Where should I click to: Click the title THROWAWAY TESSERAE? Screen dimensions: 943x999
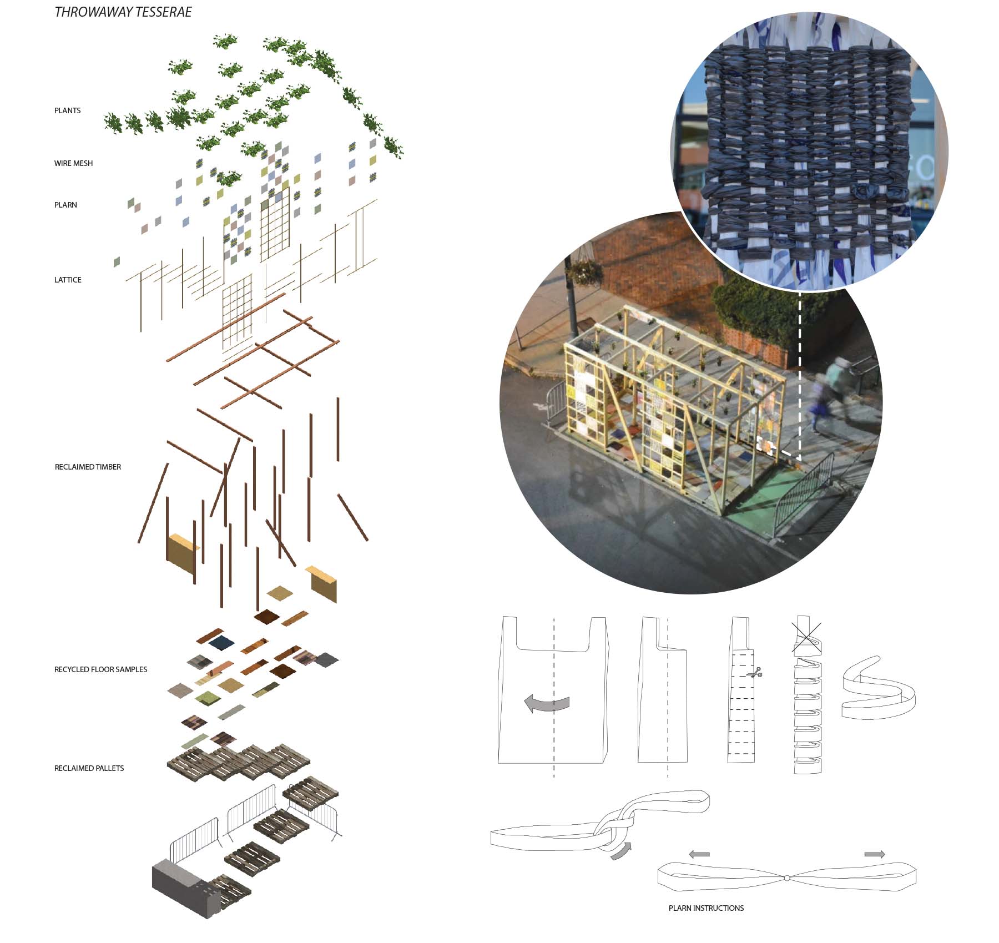[123, 12]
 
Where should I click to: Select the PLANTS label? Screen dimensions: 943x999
[67, 110]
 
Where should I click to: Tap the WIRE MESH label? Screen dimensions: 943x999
[73, 163]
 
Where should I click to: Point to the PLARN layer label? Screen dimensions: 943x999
[65, 205]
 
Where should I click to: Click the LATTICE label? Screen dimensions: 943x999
[68, 280]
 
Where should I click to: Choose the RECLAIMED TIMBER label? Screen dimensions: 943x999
[88, 467]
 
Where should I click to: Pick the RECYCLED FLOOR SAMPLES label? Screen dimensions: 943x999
[100, 669]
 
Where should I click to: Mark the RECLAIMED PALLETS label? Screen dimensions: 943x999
[89, 768]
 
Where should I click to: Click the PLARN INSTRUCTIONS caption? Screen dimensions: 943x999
[706, 908]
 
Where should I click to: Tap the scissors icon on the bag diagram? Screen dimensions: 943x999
[754, 674]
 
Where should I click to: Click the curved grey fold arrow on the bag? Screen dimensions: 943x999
[547, 703]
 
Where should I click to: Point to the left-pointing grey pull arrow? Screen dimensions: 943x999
[699, 854]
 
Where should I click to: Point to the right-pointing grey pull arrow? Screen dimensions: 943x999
[875, 854]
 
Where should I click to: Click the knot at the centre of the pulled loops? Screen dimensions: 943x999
[786, 878]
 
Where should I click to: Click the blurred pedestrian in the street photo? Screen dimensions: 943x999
[831, 393]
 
